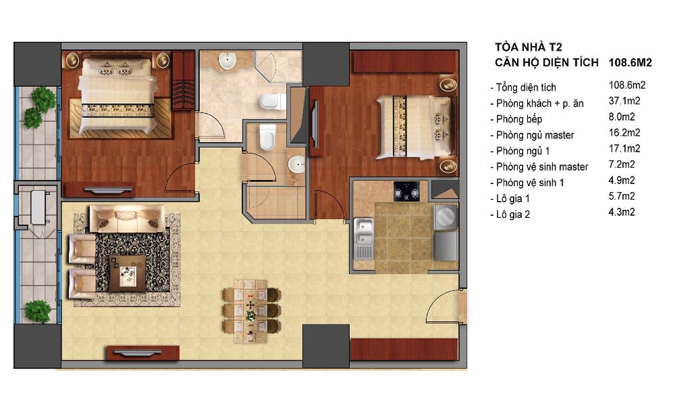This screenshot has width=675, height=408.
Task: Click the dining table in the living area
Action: coord(251,311)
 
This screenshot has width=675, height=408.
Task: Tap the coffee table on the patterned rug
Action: coord(127,273)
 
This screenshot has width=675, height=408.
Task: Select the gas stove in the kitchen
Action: coord(407,191)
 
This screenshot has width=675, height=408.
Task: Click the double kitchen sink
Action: coord(364,238)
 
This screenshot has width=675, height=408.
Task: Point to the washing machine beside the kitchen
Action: coord(445,217)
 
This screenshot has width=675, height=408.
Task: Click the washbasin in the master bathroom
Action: coord(227,61)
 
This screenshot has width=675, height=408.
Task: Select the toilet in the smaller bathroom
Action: coord(267,137)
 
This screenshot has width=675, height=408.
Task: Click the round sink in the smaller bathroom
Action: coord(297,164)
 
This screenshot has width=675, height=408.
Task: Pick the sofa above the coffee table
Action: coord(127,218)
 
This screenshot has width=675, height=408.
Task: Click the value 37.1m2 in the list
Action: coord(624,101)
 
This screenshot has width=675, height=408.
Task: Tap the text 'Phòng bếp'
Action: coord(518,119)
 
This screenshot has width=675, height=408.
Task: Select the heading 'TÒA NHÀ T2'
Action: coord(528,47)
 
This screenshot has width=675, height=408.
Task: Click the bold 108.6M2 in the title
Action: coord(630,62)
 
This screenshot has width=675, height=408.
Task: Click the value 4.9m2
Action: coord(621,181)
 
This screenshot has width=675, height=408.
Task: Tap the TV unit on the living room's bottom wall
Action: coord(143,353)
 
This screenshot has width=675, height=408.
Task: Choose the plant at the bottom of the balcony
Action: coord(37,312)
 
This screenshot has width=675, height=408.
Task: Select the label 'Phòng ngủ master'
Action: coord(535,135)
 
